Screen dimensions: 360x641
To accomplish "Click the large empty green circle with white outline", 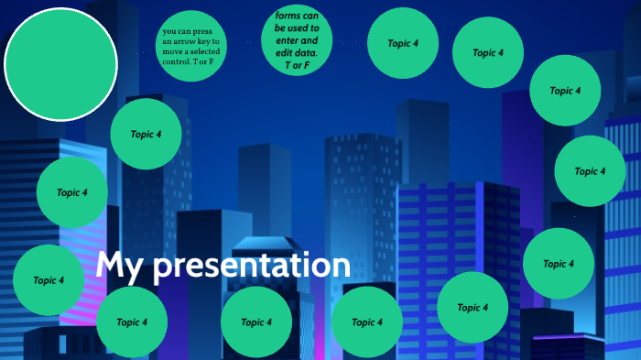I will click(60, 64).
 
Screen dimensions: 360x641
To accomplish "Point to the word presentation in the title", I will click(252, 267).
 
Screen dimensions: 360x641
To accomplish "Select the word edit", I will click(285, 52).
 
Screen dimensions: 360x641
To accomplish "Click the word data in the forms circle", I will click(310, 52).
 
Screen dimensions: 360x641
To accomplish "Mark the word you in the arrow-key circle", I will click(170, 31).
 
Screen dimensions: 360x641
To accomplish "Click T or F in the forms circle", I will click(297, 64).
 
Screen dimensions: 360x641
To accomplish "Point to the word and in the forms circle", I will click(310, 40).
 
